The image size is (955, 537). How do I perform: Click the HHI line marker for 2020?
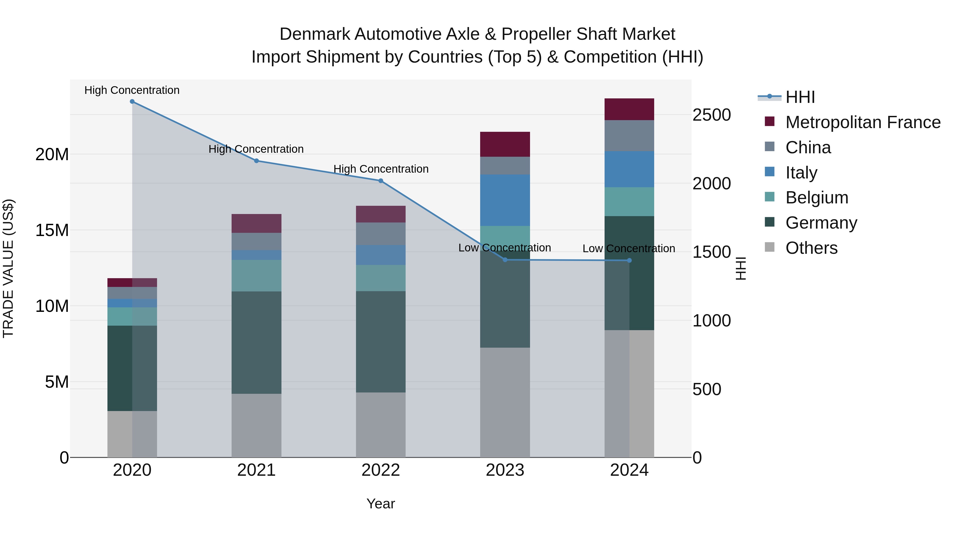pos(132,102)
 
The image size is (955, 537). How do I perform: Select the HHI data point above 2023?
pos(505,260)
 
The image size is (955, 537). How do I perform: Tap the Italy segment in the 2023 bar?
pos(505,200)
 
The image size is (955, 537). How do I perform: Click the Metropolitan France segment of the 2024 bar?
pos(629,109)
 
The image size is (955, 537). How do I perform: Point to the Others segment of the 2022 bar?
pos(380,425)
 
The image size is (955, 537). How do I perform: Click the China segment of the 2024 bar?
pos(629,136)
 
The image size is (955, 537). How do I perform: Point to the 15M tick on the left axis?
pos(52,230)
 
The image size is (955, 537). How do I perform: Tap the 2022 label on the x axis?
pos(380,470)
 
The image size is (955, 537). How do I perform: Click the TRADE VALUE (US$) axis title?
pos(8,268)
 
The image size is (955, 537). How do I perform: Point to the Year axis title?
pos(380,504)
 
